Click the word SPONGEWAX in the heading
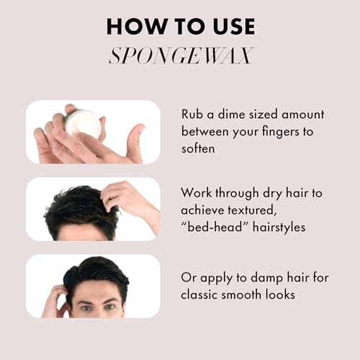coord(181,55)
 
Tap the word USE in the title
coord(234,26)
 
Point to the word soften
coord(198,148)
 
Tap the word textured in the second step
coord(251,210)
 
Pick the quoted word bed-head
coord(215,227)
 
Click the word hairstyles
coord(279,228)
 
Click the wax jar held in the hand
coord(82,124)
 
